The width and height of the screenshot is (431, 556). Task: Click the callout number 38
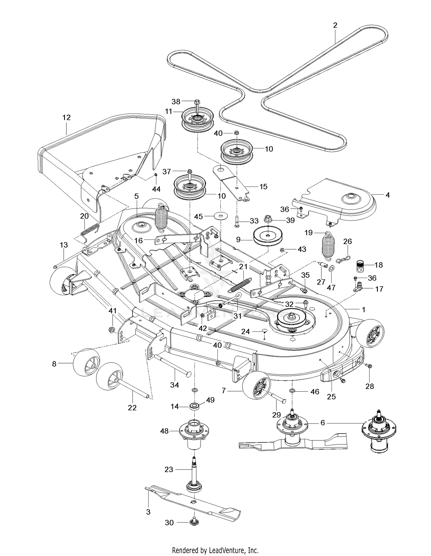pyautogui.click(x=176, y=101)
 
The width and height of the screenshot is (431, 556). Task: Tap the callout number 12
pyautogui.click(x=66, y=118)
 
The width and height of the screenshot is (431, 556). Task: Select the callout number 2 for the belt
pyautogui.click(x=335, y=25)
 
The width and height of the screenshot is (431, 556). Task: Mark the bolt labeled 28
pyautogui.click(x=369, y=366)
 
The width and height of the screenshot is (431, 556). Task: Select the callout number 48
pyautogui.click(x=164, y=431)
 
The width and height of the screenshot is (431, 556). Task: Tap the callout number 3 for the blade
pyautogui.click(x=148, y=512)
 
